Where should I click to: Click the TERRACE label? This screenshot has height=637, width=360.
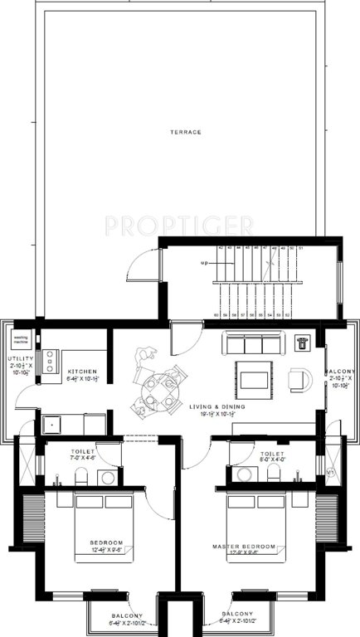pos(180,132)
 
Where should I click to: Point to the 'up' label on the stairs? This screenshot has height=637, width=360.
pos(204,264)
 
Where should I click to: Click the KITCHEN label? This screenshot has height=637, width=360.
pos(83,371)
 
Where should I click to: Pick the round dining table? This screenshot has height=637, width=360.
pos(158,386)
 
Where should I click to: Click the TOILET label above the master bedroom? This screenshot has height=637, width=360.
pos(271,455)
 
